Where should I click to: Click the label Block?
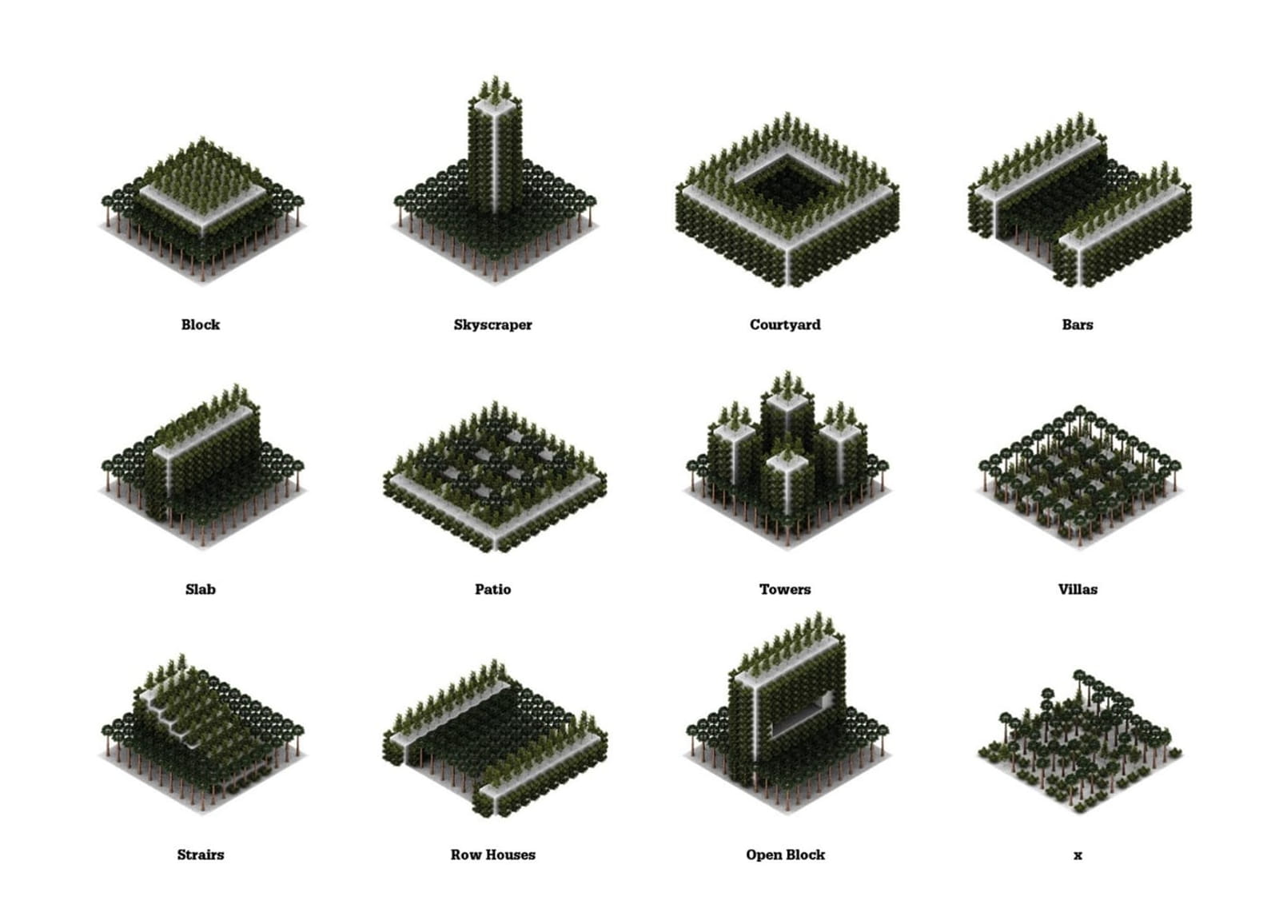(x=201, y=325)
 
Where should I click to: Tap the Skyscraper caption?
(x=492, y=325)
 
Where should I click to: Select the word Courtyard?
(x=785, y=325)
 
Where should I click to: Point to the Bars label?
(x=1078, y=325)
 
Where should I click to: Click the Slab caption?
(x=201, y=589)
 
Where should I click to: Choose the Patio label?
(x=492, y=589)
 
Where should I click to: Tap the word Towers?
(x=785, y=589)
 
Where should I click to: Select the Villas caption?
(x=1078, y=589)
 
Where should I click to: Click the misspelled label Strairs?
(x=201, y=854)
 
